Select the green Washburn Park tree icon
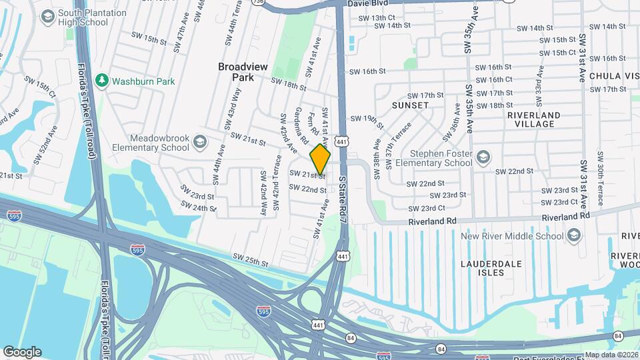(x=101, y=81)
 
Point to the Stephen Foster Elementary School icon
(x=483, y=157)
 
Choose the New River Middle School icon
(x=573, y=235)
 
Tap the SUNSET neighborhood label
(x=410, y=105)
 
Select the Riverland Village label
(x=531, y=119)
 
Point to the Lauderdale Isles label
(x=491, y=269)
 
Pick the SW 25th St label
(x=250, y=257)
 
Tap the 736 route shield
(x=258, y=3)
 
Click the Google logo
(x=21, y=352)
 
